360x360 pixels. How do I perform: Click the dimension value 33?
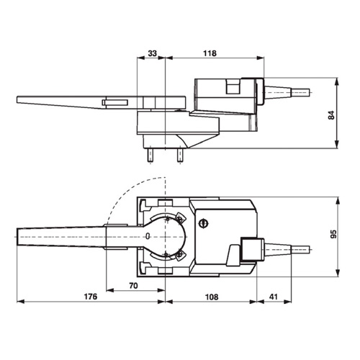pyautogui.click(x=153, y=53)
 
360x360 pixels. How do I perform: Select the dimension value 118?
pyautogui.click(x=210, y=53)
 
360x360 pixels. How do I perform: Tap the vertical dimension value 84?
pyautogui.click(x=331, y=115)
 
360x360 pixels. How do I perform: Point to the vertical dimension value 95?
pyautogui.click(x=334, y=234)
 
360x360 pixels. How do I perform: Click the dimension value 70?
pyautogui.click(x=134, y=286)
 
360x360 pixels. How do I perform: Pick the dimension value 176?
pyautogui.click(x=91, y=297)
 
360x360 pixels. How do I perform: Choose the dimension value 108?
pyautogui.click(x=212, y=297)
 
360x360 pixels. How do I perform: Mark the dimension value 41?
pyautogui.click(x=274, y=297)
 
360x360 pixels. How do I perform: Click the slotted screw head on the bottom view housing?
pyautogui.click(x=203, y=224)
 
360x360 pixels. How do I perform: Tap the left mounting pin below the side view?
pyautogui.click(x=150, y=156)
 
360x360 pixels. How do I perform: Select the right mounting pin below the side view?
pyautogui.click(x=180, y=156)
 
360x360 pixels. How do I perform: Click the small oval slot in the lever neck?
pyautogui.click(x=148, y=236)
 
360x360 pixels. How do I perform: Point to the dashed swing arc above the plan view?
pyautogui.click(x=127, y=192)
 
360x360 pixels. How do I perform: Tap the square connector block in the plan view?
pyautogui.click(x=252, y=250)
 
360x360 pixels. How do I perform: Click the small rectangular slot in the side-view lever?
pyautogui.click(x=115, y=103)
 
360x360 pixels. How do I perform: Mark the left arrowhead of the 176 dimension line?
pyautogui.click(x=21, y=302)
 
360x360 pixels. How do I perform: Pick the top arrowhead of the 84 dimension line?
pyautogui.click(x=337, y=81)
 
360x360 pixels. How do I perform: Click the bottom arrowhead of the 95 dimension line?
pyautogui.click(x=338, y=273)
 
